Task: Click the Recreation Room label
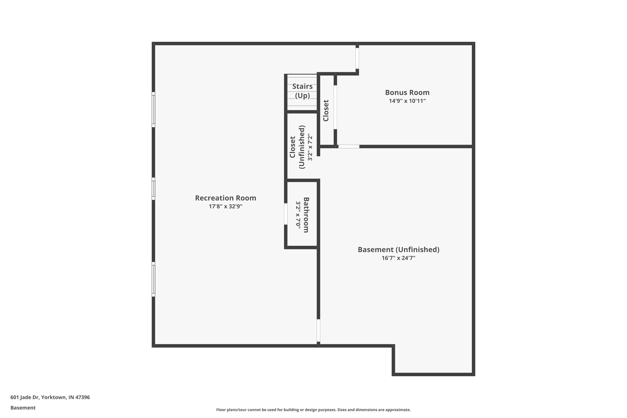(226, 198)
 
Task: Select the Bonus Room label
(407, 93)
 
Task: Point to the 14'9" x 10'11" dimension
(407, 101)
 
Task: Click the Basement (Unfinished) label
(398, 250)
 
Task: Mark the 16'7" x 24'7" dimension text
(398, 258)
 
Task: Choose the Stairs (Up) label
(302, 91)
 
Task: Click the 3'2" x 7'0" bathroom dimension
(298, 215)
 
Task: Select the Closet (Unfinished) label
(297, 147)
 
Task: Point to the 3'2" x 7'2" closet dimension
(310, 147)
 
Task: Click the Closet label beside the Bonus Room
(326, 111)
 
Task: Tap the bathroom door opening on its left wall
(285, 214)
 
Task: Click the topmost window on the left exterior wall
(153, 110)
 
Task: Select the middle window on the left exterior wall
(153, 189)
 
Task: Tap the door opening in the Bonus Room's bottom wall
(349, 146)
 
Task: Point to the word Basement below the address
(23, 408)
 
